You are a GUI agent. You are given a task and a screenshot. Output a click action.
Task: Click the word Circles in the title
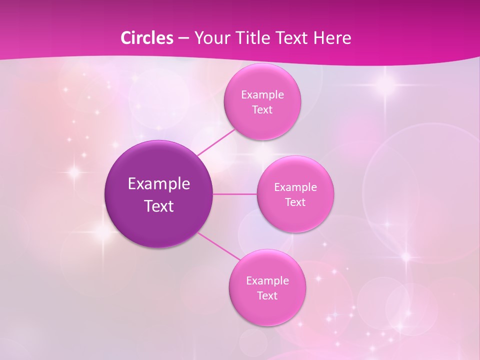[x=147, y=38]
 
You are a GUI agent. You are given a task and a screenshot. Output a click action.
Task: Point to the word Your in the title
[x=210, y=38]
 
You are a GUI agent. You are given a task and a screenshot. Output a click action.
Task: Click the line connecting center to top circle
[x=216, y=141]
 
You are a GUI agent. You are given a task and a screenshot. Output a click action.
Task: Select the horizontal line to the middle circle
[x=235, y=194]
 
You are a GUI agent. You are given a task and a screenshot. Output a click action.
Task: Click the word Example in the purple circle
[x=159, y=184]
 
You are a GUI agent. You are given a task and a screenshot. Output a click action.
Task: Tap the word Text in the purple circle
[x=159, y=206]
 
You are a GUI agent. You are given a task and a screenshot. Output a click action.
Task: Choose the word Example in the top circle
[x=262, y=95]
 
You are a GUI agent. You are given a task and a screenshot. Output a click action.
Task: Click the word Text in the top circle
[x=262, y=110]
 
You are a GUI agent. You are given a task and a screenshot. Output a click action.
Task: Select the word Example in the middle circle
[x=295, y=187]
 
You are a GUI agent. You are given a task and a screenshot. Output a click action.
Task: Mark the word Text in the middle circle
[x=295, y=202]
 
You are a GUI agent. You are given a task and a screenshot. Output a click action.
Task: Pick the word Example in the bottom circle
[x=267, y=281]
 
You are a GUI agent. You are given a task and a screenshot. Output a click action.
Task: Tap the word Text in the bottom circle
[x=267, y=296]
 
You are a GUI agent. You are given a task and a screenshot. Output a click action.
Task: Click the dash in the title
[x=183, y=38]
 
